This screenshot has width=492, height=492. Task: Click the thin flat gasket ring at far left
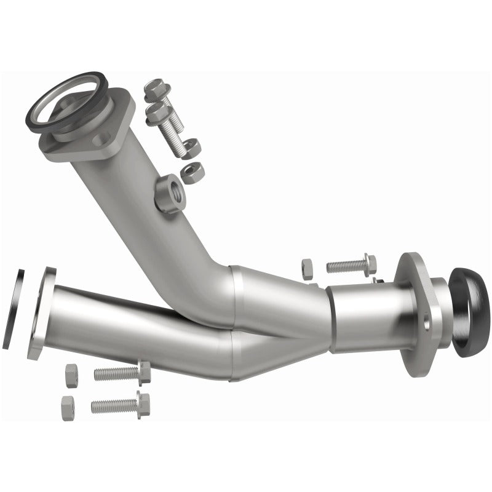13,307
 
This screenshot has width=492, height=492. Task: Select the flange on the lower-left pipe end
41,311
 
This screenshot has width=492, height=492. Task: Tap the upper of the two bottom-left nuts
71,375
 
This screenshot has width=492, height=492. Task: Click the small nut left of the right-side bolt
307,268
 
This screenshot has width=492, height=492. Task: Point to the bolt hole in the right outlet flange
426,320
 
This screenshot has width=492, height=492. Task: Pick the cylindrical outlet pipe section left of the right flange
363,317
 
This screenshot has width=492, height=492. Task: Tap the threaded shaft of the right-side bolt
344,266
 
